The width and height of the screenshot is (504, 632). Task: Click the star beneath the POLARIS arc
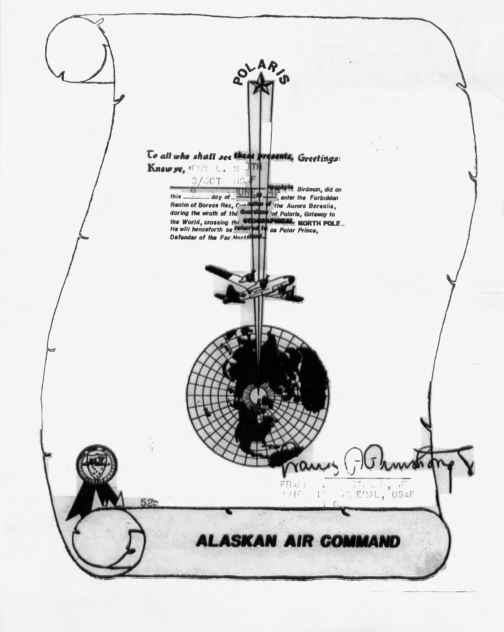pos(259,85)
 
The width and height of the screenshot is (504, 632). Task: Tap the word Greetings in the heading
pos(319,158)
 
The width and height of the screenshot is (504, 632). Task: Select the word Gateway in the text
pos(323,214)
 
